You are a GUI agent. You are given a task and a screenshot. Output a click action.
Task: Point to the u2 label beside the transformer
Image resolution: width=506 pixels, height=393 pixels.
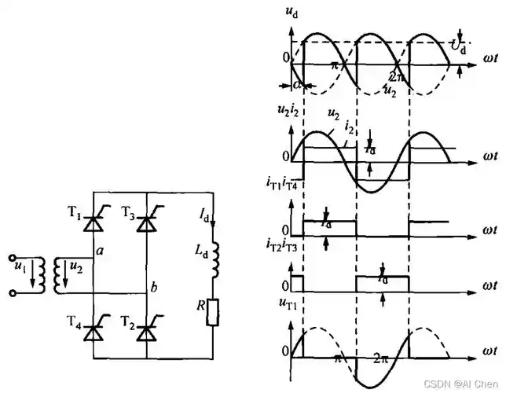[76, 269]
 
